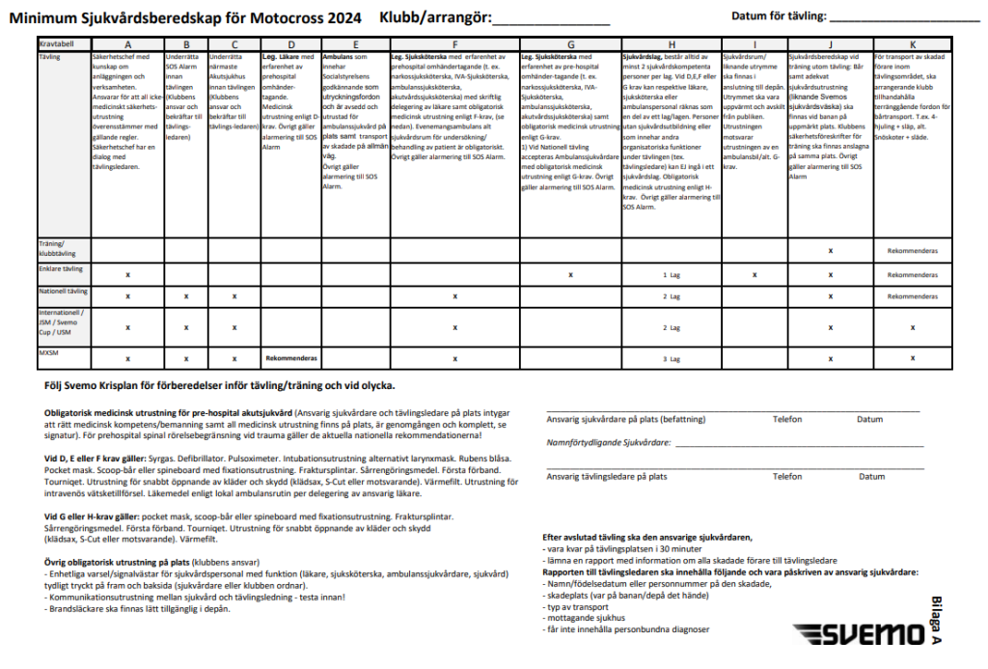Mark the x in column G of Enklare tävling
tap(570, 275)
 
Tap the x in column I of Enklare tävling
tap(754, 275)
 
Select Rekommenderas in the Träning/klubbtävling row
tap(912, 250)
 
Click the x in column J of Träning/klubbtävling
tap(830, 250)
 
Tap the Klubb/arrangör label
tap(435, 17)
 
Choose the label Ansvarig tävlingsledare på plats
tap(607, 476)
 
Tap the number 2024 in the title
tap(343, 17)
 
